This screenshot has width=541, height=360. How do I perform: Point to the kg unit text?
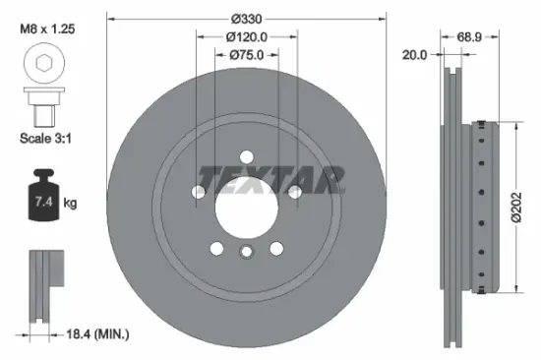[x=70, y=203]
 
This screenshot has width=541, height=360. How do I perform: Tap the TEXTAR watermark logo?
[x=270, y=180]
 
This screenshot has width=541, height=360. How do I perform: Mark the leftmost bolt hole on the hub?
[x=200, y=190]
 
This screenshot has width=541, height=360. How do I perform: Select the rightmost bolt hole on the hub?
[x=293, y=190]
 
